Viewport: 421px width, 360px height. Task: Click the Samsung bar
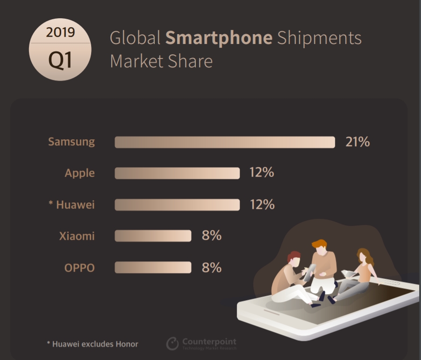pyautogui.click(x=225, y=142)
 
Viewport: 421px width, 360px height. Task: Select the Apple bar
pyautogui.click(x=177, y=173)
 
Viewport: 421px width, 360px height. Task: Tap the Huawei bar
pyautogui.click(x=177, y=205)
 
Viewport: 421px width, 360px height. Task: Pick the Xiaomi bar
pyautogui.click(x=153, y=236)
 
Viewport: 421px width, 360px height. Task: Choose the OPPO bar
pyautogui.click(x=153, y=267)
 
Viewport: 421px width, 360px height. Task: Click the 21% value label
pyautogui.click(x=357, y=142)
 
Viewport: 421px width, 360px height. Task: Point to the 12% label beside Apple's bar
pyautogui.click(x=262, y=173)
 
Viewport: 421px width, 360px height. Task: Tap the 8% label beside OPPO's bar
pyautogui.click(x=212, y=267)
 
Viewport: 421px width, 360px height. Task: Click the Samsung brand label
pyautogui.click(x=71, y=142)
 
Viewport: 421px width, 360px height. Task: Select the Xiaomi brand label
pyautogui.click(x=77, y=236)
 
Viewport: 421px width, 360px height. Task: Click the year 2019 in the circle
pyautogui.click(x=60, y=33)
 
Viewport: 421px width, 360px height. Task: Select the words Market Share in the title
pyautogui.click(x=161, y=61)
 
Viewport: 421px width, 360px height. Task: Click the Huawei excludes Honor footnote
pyautogui.click(x=93, y=344)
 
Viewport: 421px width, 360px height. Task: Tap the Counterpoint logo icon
pyautogui.click(x=172, y=344)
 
